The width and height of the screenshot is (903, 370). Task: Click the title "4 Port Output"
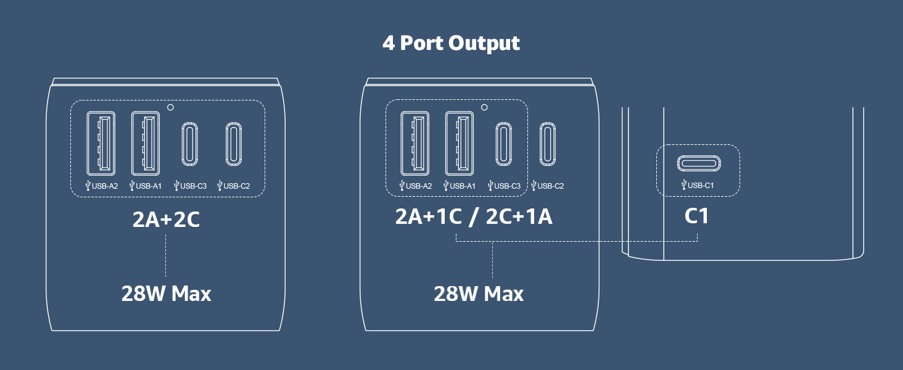[x=451, y=43]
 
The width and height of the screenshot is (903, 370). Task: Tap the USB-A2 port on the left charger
[x=101, y=144]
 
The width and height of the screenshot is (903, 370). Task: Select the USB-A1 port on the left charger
[x=146, y=144]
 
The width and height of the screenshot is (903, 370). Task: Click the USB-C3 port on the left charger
[x=189, y=144]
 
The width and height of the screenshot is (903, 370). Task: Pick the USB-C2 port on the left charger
[x=233, y=144]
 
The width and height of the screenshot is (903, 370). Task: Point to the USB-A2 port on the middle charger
[x=415, y=144]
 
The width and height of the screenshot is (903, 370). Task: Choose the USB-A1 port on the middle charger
[x=460, y=144]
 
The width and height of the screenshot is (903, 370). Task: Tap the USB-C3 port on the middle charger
[x=503, y=144]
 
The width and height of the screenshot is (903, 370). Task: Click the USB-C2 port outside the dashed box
[x=548, y=144]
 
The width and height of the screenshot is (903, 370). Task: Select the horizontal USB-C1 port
[x=699, y=163]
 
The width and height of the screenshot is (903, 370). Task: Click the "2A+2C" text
[x=166, y=220]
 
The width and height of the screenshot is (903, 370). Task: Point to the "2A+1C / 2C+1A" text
[x=474, y=216]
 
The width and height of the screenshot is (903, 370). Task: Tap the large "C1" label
[x=696, y=216]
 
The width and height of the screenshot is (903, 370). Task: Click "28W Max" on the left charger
[x=166, y=294]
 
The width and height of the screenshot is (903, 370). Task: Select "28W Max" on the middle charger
[x=479, y=294]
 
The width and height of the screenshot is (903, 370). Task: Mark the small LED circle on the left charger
[x=170, y=107]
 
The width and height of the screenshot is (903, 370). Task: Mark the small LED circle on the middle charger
[x=484, y=107]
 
